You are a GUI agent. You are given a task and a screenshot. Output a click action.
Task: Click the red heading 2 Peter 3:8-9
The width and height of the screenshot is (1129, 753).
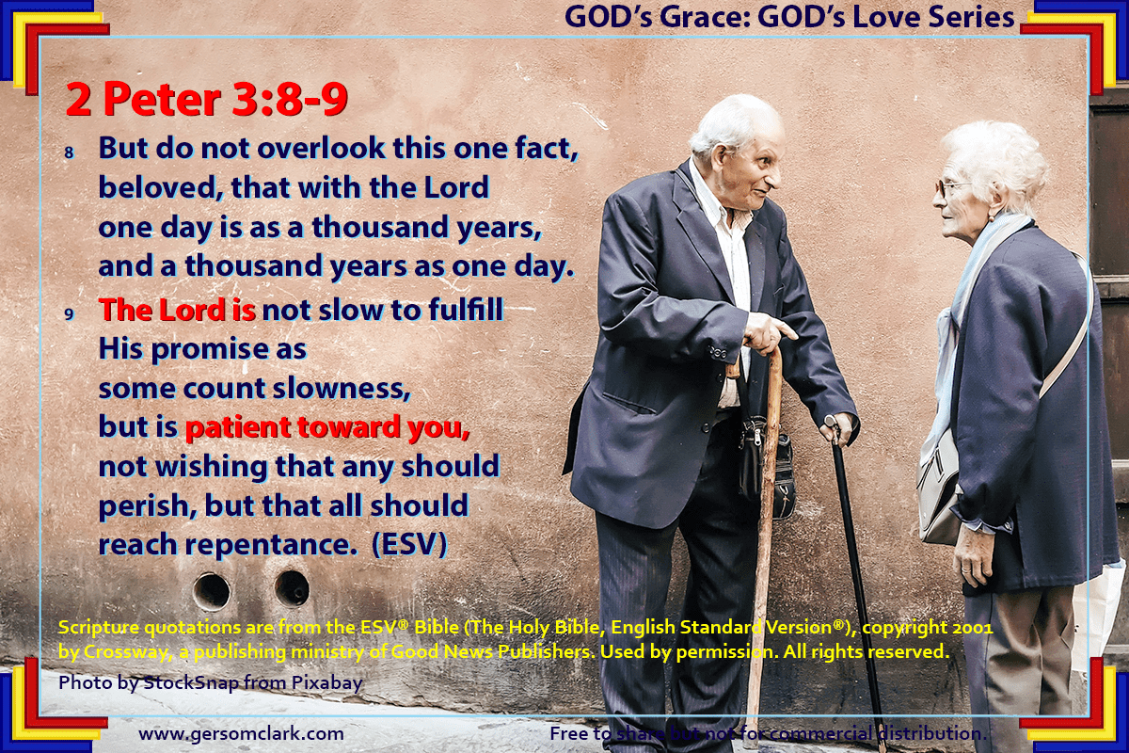click(x=207, y=100)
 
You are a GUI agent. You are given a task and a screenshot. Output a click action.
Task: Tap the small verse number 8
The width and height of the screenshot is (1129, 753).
click(x=69, y=152)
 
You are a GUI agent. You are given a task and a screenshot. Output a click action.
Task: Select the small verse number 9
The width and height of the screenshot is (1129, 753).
click(x=69, y=314)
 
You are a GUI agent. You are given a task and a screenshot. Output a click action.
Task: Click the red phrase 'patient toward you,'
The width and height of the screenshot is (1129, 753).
click(x=327, y=428)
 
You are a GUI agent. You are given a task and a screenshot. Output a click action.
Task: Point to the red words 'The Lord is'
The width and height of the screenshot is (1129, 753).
click(x=178, y=309)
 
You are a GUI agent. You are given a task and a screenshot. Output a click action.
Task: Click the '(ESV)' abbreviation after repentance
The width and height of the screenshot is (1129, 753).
click(x=409, y=544)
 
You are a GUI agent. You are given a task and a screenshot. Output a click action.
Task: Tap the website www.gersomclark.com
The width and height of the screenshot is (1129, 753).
click(x=242, y=733)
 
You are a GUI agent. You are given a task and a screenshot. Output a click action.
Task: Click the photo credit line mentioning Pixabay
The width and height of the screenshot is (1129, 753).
click(x=211, y=683)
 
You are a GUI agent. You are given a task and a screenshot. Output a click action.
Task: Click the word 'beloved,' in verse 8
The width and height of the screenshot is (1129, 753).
click(x=161, y=187)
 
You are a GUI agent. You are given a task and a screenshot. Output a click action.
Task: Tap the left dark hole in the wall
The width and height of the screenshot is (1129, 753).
click(x=212, y=591)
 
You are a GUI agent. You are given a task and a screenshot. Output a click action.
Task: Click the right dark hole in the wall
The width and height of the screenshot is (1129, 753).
click(x=292, y=588)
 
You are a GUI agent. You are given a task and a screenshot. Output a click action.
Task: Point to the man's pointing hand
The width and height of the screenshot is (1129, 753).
click(x=771, y=334)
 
